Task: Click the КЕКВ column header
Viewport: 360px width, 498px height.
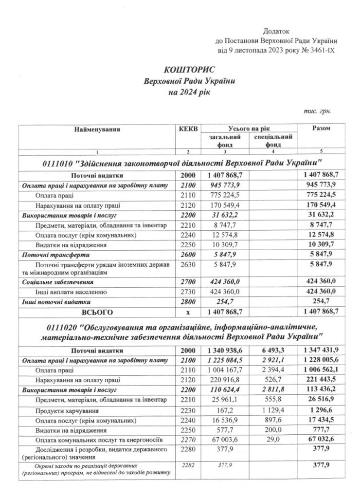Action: tap(188, 129)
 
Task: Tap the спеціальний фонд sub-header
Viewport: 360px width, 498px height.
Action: tap(272, 141)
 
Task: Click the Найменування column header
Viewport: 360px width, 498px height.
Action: tap(97, 129)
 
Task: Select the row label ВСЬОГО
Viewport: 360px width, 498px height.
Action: tap(97, 310)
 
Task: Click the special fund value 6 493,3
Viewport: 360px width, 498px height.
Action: tap(272, 350)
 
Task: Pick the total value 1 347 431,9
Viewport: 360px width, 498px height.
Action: tap(321, 350)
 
